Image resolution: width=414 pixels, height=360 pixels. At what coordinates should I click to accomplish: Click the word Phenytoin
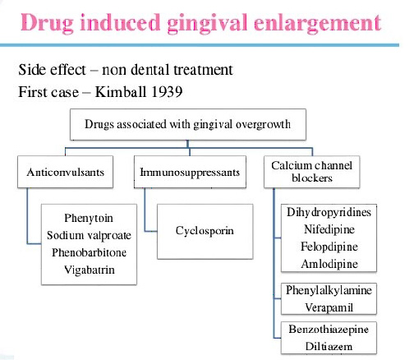(89, 219)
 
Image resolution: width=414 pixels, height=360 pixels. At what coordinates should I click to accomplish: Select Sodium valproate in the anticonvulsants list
(89, 235)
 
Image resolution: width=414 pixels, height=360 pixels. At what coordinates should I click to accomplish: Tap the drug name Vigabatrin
(90, 270)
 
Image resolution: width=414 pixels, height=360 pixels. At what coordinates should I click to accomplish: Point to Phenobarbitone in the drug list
(90, 252)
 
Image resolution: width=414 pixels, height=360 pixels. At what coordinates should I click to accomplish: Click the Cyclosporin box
(205, 232)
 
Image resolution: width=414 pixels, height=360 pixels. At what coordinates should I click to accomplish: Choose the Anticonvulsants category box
(65, 172)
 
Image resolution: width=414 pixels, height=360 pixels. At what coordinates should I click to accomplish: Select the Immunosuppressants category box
(190, 172)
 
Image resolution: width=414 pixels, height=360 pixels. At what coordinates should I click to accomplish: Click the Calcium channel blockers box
(311, 172)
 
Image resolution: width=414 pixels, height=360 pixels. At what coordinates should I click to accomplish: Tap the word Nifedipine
(329, 229)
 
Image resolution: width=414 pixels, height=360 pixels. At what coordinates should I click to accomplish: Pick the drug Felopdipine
(329, 247)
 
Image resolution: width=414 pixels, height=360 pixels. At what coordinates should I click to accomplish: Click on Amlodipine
(329, 264)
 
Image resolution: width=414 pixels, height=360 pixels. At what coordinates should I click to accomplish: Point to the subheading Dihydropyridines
(329, 212)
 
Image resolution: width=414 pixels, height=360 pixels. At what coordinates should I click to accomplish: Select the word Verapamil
(329, 307)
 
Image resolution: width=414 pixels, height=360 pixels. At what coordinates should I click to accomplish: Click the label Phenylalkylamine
(329, 290)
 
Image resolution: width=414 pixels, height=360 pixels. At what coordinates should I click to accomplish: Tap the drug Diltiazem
(329, 346)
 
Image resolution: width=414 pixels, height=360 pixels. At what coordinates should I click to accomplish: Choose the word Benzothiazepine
(329, 329)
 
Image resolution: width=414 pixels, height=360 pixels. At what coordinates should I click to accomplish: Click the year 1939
(167, 91)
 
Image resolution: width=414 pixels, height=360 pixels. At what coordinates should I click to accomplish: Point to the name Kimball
(120, 91)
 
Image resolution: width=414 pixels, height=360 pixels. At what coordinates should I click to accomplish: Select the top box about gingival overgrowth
(188, 124)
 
